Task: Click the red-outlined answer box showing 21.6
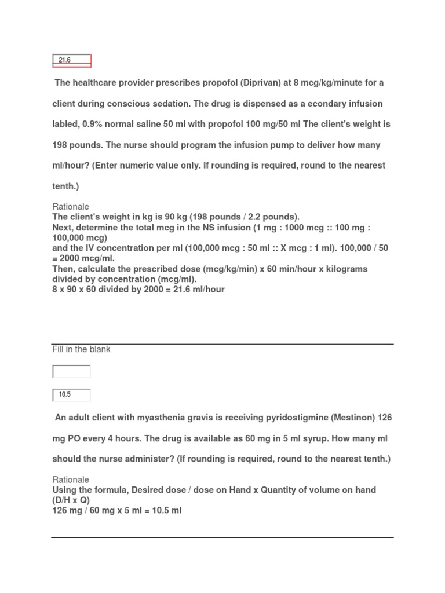coord(72,60)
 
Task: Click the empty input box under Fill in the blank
coord(72,371)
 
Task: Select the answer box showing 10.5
coord(72,395)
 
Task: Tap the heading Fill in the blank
coord(81,349)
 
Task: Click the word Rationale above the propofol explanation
coord(71,207)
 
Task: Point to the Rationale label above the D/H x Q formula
coord(71,479)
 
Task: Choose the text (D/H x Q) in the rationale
coord(72,500)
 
